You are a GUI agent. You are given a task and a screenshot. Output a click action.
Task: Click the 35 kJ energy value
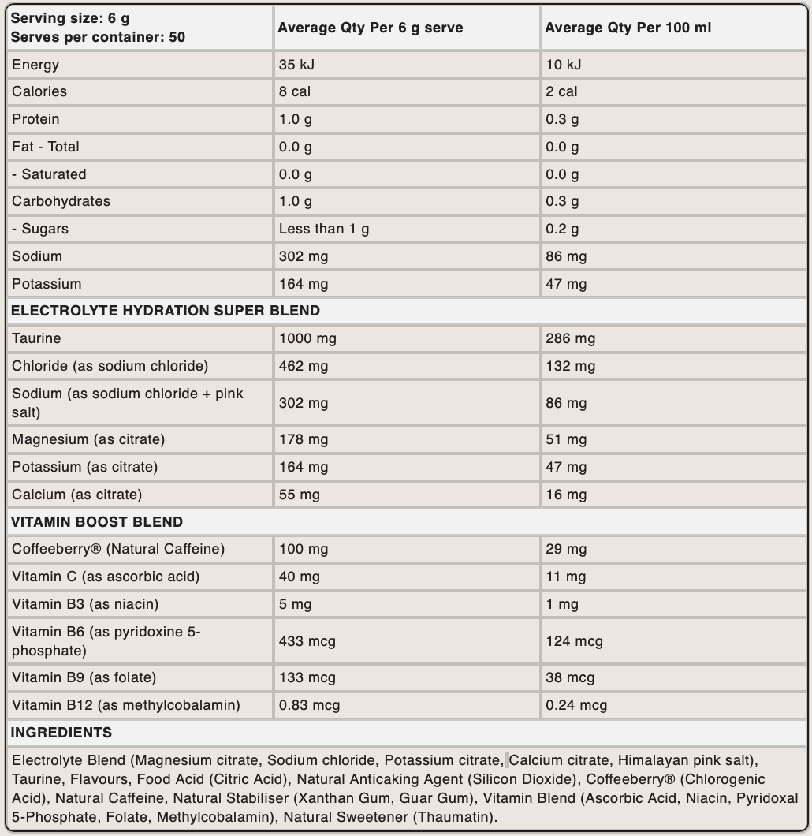[x=296, y=65]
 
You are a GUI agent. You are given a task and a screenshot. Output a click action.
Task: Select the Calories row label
[x=39, y=91]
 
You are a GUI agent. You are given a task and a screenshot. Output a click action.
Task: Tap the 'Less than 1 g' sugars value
[x=324, y=229]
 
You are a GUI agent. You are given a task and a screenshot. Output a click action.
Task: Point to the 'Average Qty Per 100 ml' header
[x=628, y=28]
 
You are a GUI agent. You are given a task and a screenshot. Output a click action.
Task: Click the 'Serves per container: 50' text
[x=99, y=37]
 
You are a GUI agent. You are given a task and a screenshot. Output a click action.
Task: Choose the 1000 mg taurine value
[x=307, y=338]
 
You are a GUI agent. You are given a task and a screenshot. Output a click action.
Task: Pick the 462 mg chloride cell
[x=304, y=366]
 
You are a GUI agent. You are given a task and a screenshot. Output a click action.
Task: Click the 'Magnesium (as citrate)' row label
[x=88, y=439]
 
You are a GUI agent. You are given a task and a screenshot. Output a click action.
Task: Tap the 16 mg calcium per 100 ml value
[x=566, y=495]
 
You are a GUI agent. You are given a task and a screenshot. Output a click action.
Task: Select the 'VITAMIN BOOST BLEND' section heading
[x=96, y=522]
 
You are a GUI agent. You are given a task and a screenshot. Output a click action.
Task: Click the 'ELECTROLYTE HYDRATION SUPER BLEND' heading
[x=166, y=311]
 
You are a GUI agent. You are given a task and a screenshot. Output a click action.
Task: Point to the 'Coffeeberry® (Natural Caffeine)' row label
[x=118, y=549]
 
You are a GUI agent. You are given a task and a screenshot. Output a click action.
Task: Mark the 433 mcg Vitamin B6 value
[x=307, y=641]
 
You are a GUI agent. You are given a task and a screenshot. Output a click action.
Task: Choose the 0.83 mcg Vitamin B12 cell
[x=309, y=705]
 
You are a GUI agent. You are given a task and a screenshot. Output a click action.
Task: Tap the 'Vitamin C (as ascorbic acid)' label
[x=106, y=577]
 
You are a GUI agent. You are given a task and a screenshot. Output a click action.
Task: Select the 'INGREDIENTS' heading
[x=61, y=733]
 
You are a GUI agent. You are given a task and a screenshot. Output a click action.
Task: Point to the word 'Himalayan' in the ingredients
[x=651, y=761]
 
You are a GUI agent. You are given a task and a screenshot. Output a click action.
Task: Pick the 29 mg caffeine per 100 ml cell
[x=566, y=549]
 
